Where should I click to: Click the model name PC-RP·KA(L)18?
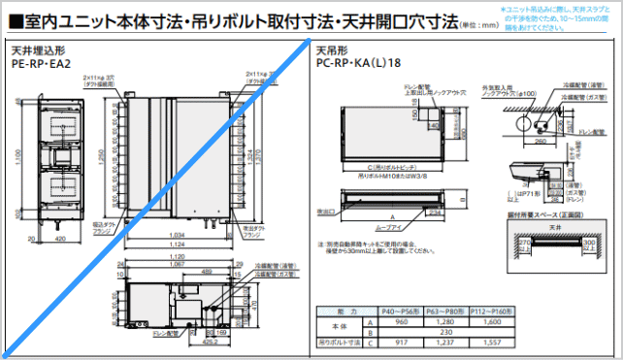(357, 63)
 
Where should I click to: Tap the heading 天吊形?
(327, 49)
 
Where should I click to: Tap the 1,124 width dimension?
(175, 244)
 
